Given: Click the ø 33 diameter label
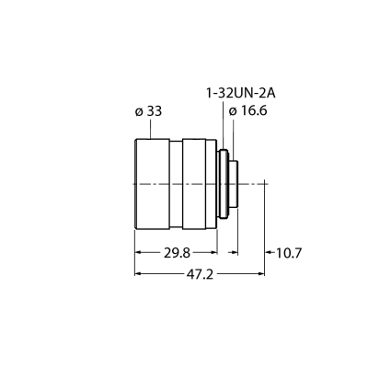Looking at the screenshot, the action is click(x=148, y=111).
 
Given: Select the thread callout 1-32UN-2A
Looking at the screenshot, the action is click(x=240, y=93).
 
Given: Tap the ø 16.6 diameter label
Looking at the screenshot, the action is click(x=248, y=111).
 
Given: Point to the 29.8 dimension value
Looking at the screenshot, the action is click(x=177, y=253).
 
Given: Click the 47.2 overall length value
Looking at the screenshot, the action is click(x=200, y=274).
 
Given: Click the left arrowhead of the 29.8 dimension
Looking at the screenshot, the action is click(x=138, y=252).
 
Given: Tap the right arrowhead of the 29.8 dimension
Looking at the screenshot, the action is click(x=214, y=252).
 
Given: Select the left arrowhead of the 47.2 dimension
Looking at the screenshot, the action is click(x=138, y=273).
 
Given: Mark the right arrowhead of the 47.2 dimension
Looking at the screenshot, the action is click(x=261, y=273).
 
